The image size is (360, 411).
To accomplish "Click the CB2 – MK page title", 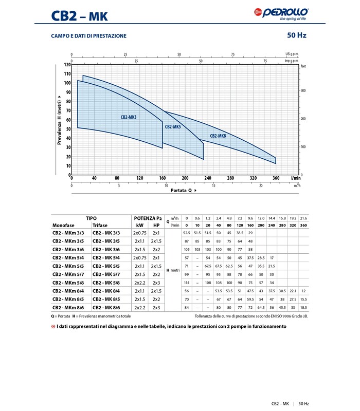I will point(79,16).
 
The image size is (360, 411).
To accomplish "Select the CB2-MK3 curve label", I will point(129,117).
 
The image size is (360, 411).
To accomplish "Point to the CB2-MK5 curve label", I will point(173,126).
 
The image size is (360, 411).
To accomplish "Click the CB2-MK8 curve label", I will point(218,136).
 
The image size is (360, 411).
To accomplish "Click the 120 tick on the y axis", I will point(67,65).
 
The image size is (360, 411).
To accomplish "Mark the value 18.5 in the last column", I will point(303,307).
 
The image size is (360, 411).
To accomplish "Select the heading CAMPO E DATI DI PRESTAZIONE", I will point(88,36).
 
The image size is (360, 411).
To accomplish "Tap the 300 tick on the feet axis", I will point(303,90).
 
